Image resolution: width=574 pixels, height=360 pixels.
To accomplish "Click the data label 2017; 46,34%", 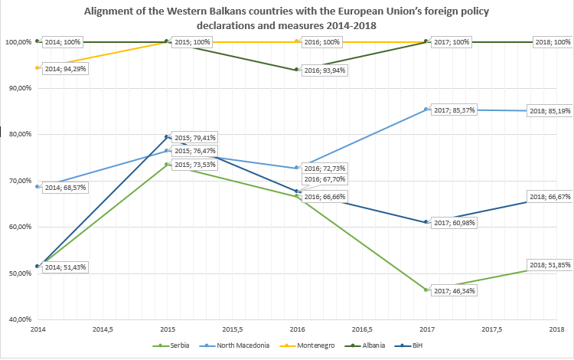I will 455,292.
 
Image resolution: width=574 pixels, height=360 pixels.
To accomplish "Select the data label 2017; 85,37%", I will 455,110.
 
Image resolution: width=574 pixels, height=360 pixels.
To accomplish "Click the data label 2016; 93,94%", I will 325,70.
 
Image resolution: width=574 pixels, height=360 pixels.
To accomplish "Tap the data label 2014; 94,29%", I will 65,69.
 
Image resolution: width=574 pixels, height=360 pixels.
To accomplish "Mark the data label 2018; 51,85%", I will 550,265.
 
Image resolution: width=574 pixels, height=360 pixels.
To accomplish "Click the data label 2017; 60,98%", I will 455,223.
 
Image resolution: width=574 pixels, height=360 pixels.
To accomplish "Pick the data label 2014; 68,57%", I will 65,188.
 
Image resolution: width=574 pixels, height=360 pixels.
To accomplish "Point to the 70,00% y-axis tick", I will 17,181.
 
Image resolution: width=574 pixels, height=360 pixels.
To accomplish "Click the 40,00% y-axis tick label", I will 17,319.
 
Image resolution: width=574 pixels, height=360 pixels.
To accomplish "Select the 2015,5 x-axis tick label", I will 231,329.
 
